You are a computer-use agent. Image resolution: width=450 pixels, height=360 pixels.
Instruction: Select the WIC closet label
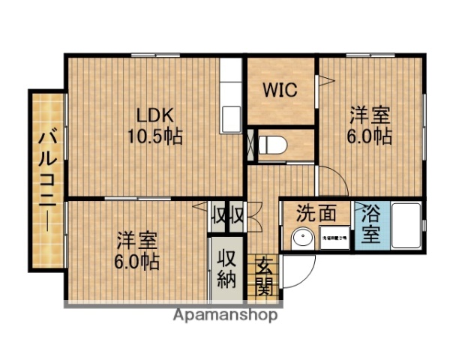(280, 89)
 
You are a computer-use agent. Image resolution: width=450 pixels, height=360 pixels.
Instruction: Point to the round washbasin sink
(301, 238)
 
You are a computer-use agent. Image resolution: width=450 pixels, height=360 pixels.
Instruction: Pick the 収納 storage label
(227, 268)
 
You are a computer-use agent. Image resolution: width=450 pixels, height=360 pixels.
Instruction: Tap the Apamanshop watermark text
(225, 315)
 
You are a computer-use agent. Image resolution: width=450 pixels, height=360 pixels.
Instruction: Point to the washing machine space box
(334, 237)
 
